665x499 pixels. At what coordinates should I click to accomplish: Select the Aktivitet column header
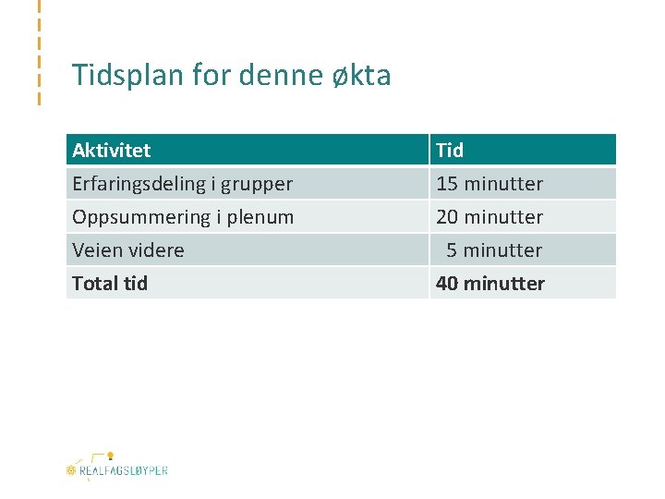(112, 150)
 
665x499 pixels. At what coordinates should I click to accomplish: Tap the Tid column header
(450, 150)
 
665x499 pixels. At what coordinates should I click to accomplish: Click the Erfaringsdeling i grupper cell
(182, 183)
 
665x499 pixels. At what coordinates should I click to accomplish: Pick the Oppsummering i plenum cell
(183, 216)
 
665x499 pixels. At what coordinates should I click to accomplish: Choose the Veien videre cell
(128, 249)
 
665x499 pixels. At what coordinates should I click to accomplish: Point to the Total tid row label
(110, 283)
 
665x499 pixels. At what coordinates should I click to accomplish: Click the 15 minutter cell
(490, 183)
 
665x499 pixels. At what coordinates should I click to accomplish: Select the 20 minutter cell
(490, 216)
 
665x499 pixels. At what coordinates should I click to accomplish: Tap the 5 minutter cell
(494, 249)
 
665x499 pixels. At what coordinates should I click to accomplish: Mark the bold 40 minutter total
(490, 283)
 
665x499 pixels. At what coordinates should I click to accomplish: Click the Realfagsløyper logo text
(123, 470)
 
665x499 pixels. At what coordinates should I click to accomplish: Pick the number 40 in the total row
(447, 283)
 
